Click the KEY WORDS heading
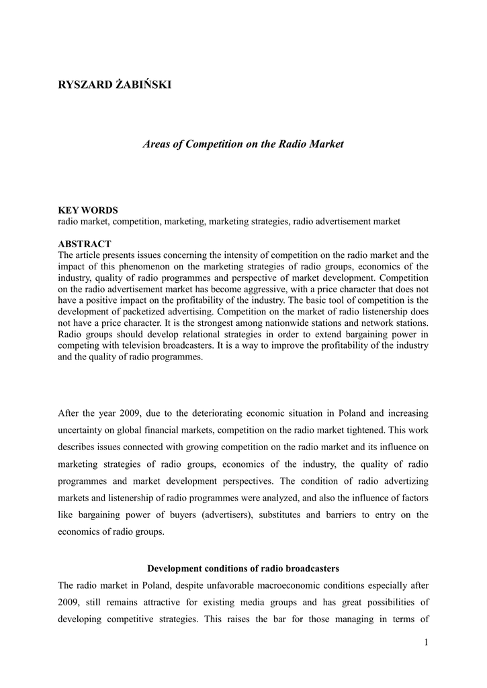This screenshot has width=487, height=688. [88, 210]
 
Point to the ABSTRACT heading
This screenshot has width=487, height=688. [85, 244]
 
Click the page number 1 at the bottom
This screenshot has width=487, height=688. [426, 643]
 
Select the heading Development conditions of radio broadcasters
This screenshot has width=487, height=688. [243, 568]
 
